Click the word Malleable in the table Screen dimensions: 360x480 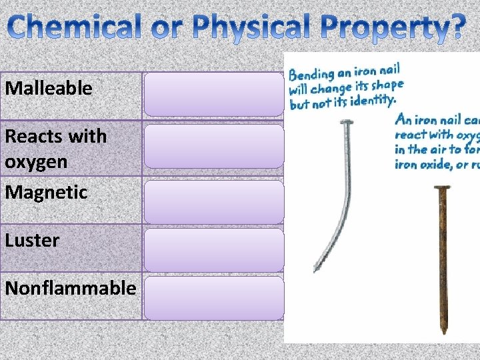(x=49, y=88)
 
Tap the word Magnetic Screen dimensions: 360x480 (x=46, y=193)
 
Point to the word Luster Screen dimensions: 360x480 (x=32, y=240)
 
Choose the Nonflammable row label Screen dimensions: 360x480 (x=70, y=288)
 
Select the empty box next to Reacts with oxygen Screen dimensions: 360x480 (x=214, y=145)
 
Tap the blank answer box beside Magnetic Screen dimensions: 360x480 (x=214, y=201)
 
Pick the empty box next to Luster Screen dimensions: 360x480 (x=214, y=249)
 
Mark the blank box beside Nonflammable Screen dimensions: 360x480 (x=214, y=297)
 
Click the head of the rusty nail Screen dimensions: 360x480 (x=441, y=189)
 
